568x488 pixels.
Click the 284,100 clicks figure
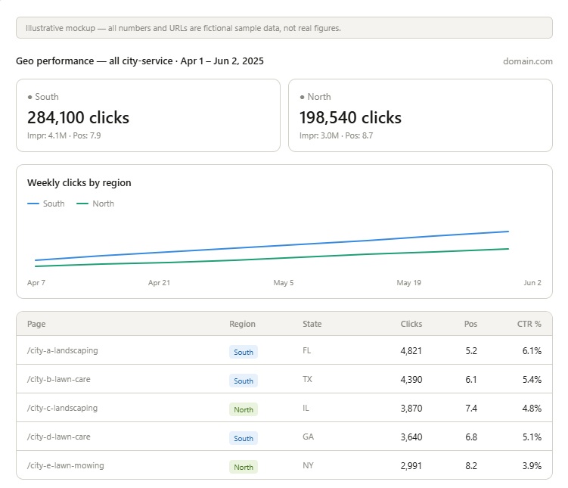[x=78, y=118]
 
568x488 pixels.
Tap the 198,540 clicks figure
[x=350, y=118]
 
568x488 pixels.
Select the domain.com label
[x=528, y=61]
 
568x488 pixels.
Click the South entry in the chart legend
[x=46, y=204]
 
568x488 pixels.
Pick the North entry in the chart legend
[x=95, y=204]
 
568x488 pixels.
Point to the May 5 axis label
[x=284, y=282]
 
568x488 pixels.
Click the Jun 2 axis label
[x=532, y=282]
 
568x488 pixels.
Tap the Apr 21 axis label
[x=159, y=282]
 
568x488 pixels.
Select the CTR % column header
[x=529, y=324]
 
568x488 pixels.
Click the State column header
[x=312, y=324]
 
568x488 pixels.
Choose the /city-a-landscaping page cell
[x=62, y=351]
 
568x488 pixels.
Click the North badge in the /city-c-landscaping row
[x=244, y=410]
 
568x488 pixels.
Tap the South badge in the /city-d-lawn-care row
[x=244, y=438]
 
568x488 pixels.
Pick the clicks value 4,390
[x=411, y=380]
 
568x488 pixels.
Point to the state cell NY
[x=308, y=465]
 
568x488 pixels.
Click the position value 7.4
[x=471, y=409]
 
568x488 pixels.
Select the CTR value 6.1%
[x=532, y=351]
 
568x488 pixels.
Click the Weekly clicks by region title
[x=79, y=183]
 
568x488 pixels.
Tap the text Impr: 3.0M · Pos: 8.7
[x=336, y=136]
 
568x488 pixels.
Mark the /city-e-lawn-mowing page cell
[x=66, y=465]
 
